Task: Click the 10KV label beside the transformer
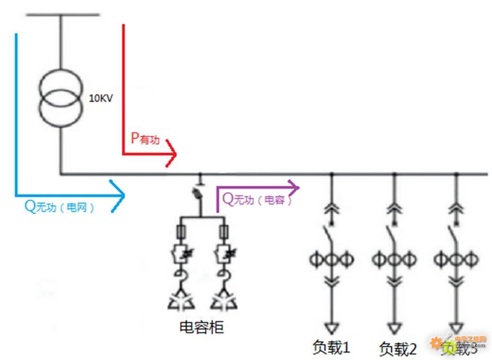coord(101,99)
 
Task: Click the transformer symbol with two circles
coord(61,98)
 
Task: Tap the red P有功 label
coord(145,138)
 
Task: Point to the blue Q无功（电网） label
coord(59,207)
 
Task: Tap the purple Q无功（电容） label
coord(258,199)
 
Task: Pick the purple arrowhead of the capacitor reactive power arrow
coord(294,187)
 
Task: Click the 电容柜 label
coord(201,327)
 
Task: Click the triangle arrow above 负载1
coord(332,328)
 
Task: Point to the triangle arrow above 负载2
coord(394,328)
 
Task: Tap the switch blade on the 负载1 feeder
coord(329,232)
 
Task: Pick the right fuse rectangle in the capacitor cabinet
coord(224,230)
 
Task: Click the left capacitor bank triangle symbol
coord(181,301)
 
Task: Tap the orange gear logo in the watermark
coord(436,343)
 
